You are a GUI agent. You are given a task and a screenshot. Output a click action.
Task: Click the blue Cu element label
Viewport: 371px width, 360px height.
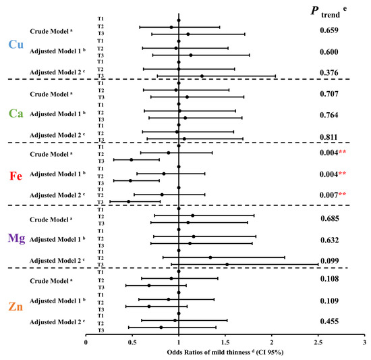15,45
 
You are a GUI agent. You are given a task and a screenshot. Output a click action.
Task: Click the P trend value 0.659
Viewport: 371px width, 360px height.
329,30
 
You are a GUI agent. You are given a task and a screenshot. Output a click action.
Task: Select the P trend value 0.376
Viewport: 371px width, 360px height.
329,72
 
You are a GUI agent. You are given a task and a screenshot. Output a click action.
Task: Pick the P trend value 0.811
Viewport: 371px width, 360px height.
329,136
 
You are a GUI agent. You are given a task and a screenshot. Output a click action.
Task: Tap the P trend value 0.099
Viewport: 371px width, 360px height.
329,261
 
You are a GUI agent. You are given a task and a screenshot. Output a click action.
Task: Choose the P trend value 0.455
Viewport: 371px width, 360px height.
329,324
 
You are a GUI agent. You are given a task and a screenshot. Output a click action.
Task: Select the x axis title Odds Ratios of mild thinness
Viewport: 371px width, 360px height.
224,353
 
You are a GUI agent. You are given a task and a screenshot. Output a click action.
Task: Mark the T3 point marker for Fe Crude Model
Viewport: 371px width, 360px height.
132,159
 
